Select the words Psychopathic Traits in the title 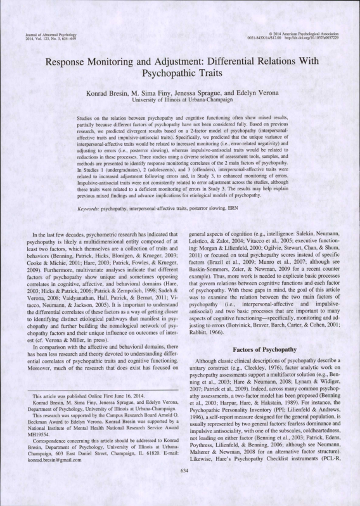[180, 76]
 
